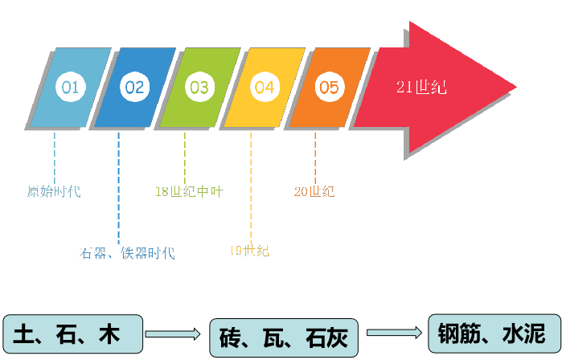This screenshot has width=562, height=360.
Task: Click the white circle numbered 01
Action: [70, 88]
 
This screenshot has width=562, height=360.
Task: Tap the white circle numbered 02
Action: [134, 88]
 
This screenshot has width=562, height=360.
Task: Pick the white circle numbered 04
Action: [265, 88]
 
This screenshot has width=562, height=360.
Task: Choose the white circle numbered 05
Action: [328, 88]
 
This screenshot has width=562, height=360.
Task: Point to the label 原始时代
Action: [54, 192]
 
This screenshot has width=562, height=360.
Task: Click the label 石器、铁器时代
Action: [127, 253]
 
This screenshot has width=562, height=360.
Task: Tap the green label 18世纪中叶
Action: [189, 192]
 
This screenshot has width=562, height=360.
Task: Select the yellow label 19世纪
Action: [249, 251]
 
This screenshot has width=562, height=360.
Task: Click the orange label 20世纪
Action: [314, 192]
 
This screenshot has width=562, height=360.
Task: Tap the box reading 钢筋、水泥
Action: [490, 333]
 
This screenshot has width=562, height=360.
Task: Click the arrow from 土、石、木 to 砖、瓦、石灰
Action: [173, 333]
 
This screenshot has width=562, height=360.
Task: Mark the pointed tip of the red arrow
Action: [515, 87]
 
